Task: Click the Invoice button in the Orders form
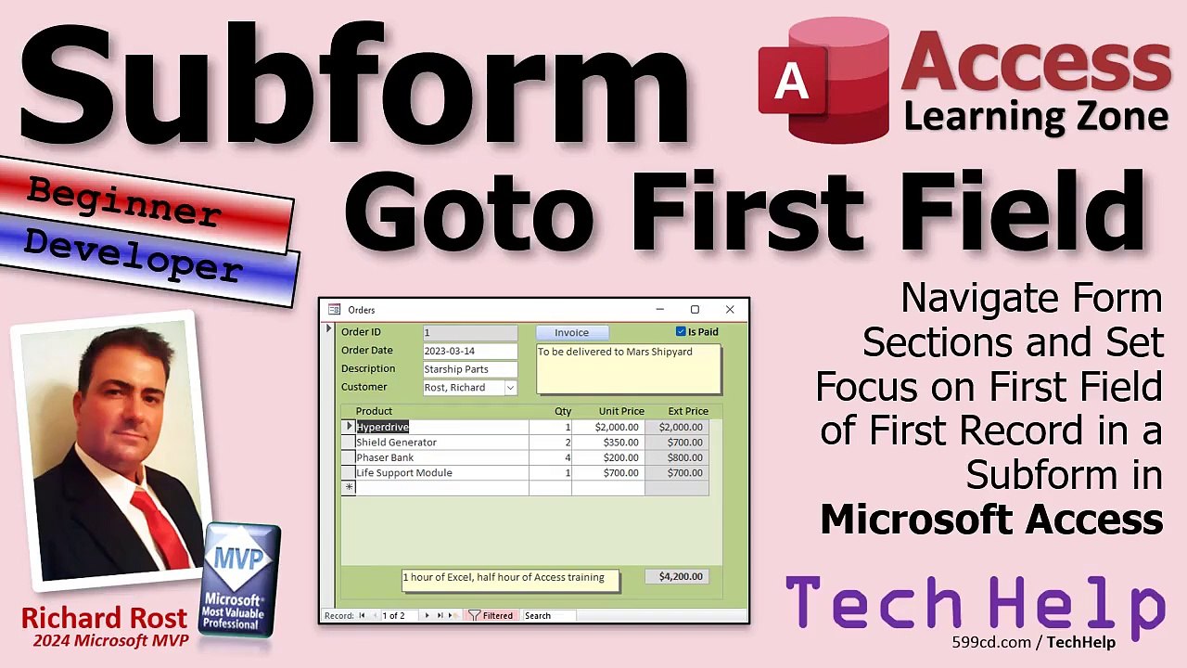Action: click(x=571, y=332)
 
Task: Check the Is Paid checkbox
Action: click(x=681, y=331)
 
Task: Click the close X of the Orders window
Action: click(x=730, y=310)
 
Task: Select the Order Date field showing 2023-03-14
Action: click(x=469, y=351)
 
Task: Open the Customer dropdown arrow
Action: click(x=510, y=388)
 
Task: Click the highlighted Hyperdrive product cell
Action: click(x=383, y=427)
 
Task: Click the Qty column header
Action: click(x=563, y=411)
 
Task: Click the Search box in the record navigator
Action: click(x=547, y=615)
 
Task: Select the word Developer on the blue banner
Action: click(x=133, y=255)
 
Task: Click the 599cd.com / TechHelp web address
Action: click(x=1033, y=642)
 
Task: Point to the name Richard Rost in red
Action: click(x=104, y=618)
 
